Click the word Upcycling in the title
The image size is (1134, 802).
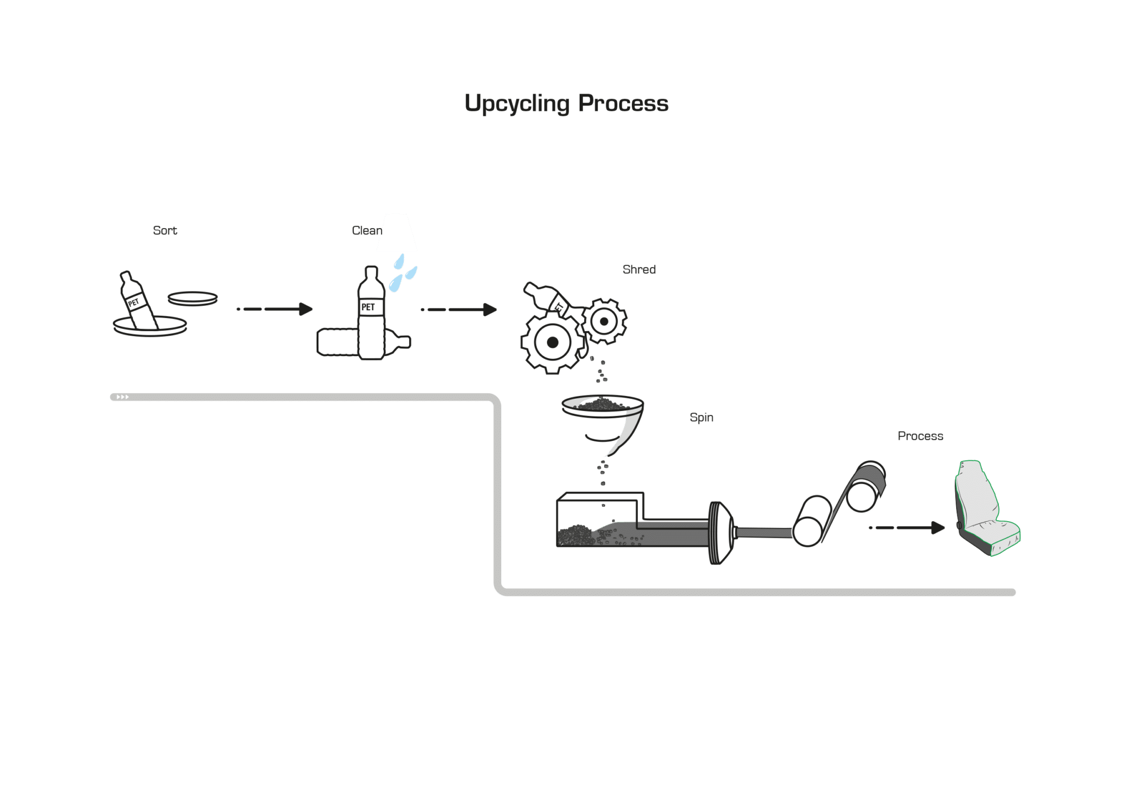click(517, 104)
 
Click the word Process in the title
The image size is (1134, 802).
click(623, 103)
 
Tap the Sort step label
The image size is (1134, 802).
click(165, 230)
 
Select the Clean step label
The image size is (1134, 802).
click(367, 230)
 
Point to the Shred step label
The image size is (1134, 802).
click(639, 269)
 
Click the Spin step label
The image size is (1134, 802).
click(702, 418)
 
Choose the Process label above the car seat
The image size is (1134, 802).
click(920, 436)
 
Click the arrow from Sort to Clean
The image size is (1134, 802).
click(275, 309)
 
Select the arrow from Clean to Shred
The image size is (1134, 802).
click(458, 310)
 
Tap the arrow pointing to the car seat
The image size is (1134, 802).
click(907, 528)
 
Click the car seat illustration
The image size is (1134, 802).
click(987, 508)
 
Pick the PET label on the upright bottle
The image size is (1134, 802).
click(368, 307)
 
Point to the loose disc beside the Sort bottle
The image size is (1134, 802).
click(193, 299)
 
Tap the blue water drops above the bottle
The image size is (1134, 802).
click(403, 273)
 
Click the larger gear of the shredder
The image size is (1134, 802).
click(552, 342)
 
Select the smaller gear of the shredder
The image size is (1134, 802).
click(604, 321)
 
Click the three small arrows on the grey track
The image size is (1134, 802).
click(123, 397)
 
